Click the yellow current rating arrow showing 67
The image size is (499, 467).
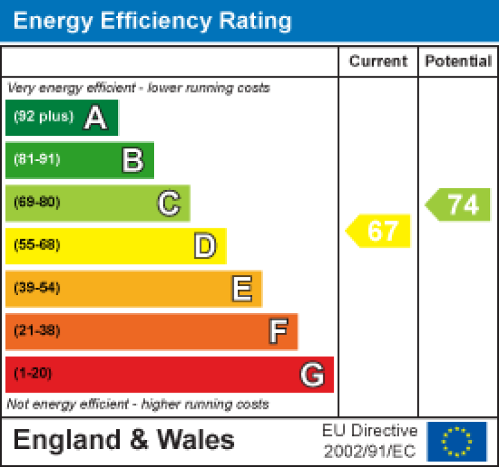[x=380, y=231]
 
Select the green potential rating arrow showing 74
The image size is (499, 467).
[x=459, y=204]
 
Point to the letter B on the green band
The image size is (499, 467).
[x=132, y=160]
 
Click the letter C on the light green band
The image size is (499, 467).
[x=168, y=204]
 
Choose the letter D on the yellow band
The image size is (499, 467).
[x=205, y=246]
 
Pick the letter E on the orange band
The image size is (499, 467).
[x=242, y=289]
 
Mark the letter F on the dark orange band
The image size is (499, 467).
[x=277, y=332]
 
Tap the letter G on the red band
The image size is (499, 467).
[x=312, y=375]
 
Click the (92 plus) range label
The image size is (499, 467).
[x=43, y=117]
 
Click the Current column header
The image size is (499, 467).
[x=378, y=61]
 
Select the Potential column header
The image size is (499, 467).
[x=458, y=61]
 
